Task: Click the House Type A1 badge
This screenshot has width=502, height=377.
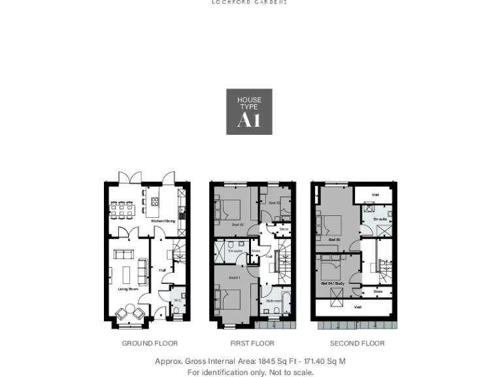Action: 249,112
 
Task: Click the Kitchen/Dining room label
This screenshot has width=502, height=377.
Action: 163,221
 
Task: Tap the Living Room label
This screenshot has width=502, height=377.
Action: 128,289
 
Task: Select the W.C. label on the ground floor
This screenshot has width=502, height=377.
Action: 176,300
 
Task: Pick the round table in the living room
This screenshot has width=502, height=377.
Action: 129,309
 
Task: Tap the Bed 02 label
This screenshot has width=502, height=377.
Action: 237,224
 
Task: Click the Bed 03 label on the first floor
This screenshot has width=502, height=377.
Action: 275,203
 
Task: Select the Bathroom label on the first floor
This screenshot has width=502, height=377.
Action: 274,301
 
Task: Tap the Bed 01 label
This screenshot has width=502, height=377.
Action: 233,278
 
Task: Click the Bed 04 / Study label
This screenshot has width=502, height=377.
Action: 333,283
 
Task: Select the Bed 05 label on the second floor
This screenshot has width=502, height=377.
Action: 334,240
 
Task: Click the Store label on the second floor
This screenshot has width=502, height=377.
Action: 378,291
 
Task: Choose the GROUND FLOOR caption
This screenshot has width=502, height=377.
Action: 150,343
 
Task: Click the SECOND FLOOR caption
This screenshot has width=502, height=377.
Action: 357,343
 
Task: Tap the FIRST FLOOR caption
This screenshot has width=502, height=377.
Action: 252,343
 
